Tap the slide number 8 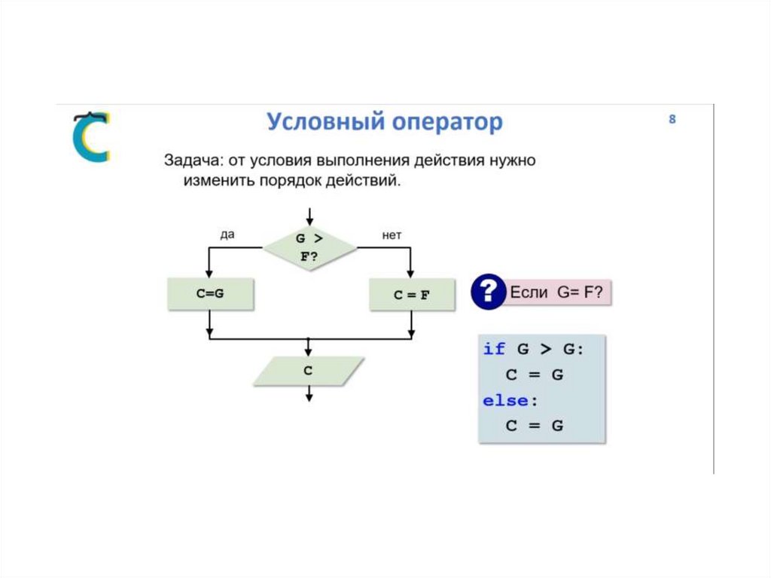(x=672, y=119)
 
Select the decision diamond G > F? (x=309, y=247)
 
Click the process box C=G (x=210, y=294)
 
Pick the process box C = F (x=412, y=295)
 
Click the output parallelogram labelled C (x=308, y=371)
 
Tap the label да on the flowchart (x=227, y=234)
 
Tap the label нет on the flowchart (x=392, y=235)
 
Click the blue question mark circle (x=488, y=292)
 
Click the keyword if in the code (x=494, y=349)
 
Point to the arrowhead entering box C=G (x=209, y=274)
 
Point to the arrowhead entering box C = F (x=411, y=274)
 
